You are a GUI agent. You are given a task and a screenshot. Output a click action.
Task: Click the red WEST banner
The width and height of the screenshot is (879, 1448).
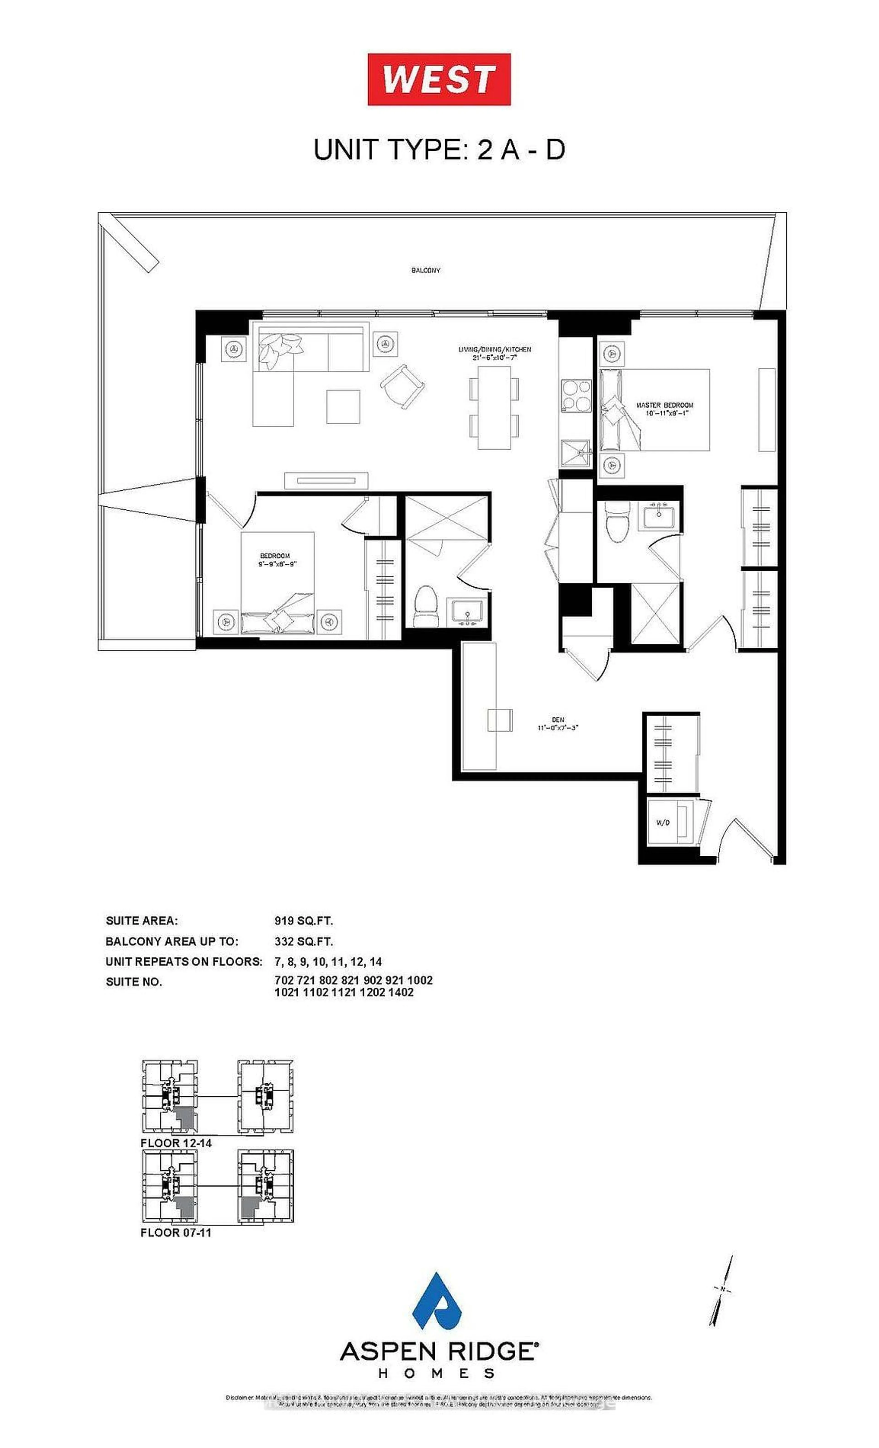[x=439, y=79]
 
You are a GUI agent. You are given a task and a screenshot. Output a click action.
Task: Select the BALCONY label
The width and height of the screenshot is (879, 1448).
[x=425, y=270]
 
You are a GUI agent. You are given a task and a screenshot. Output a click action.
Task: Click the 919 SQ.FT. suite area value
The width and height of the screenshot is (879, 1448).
[x=303, y=921]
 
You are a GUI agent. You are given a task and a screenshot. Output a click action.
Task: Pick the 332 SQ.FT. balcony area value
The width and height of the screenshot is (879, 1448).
[x=303, y=941]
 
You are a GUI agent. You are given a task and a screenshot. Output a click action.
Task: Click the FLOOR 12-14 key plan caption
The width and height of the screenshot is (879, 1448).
[x=176, y=1143]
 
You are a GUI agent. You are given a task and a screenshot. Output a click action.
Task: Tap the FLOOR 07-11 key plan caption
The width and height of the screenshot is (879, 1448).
[x=176, y=1232]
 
